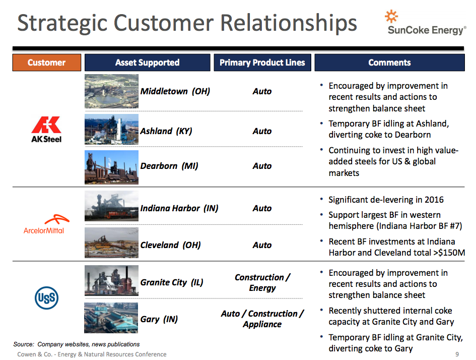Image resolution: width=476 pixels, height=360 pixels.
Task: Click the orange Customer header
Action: pos(47,63)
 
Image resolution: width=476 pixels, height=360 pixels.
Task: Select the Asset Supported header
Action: pos(147,63)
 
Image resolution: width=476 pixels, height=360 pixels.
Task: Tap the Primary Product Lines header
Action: pos(262,63)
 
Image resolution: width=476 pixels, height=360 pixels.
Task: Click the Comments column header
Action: pos(389,63)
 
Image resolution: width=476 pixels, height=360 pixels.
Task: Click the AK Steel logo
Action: pos(46,130)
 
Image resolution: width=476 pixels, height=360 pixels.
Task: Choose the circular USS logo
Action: pos(46,298)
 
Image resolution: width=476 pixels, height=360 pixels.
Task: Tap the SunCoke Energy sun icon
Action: pos(391,17)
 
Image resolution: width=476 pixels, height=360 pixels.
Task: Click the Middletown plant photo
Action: pos(111,91)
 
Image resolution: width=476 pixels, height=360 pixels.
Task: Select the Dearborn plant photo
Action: pos(111,167)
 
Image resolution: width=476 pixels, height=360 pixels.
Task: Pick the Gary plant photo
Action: pos(111,318)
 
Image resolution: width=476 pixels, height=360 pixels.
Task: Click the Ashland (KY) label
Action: pos(166,131)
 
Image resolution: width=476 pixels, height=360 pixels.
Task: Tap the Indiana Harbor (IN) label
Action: pos(179,208)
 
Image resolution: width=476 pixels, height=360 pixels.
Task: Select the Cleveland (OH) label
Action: pos(170,245)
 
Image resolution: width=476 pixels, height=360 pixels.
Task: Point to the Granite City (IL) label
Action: pos(172,282)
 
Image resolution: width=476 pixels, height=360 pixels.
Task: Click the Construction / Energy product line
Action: pos(262,282)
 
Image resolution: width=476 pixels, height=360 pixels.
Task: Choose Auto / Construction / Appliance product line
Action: pos(262,319)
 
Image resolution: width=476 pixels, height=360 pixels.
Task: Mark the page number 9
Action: pos(457,354)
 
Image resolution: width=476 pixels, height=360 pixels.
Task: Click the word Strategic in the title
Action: pos(62,23)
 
